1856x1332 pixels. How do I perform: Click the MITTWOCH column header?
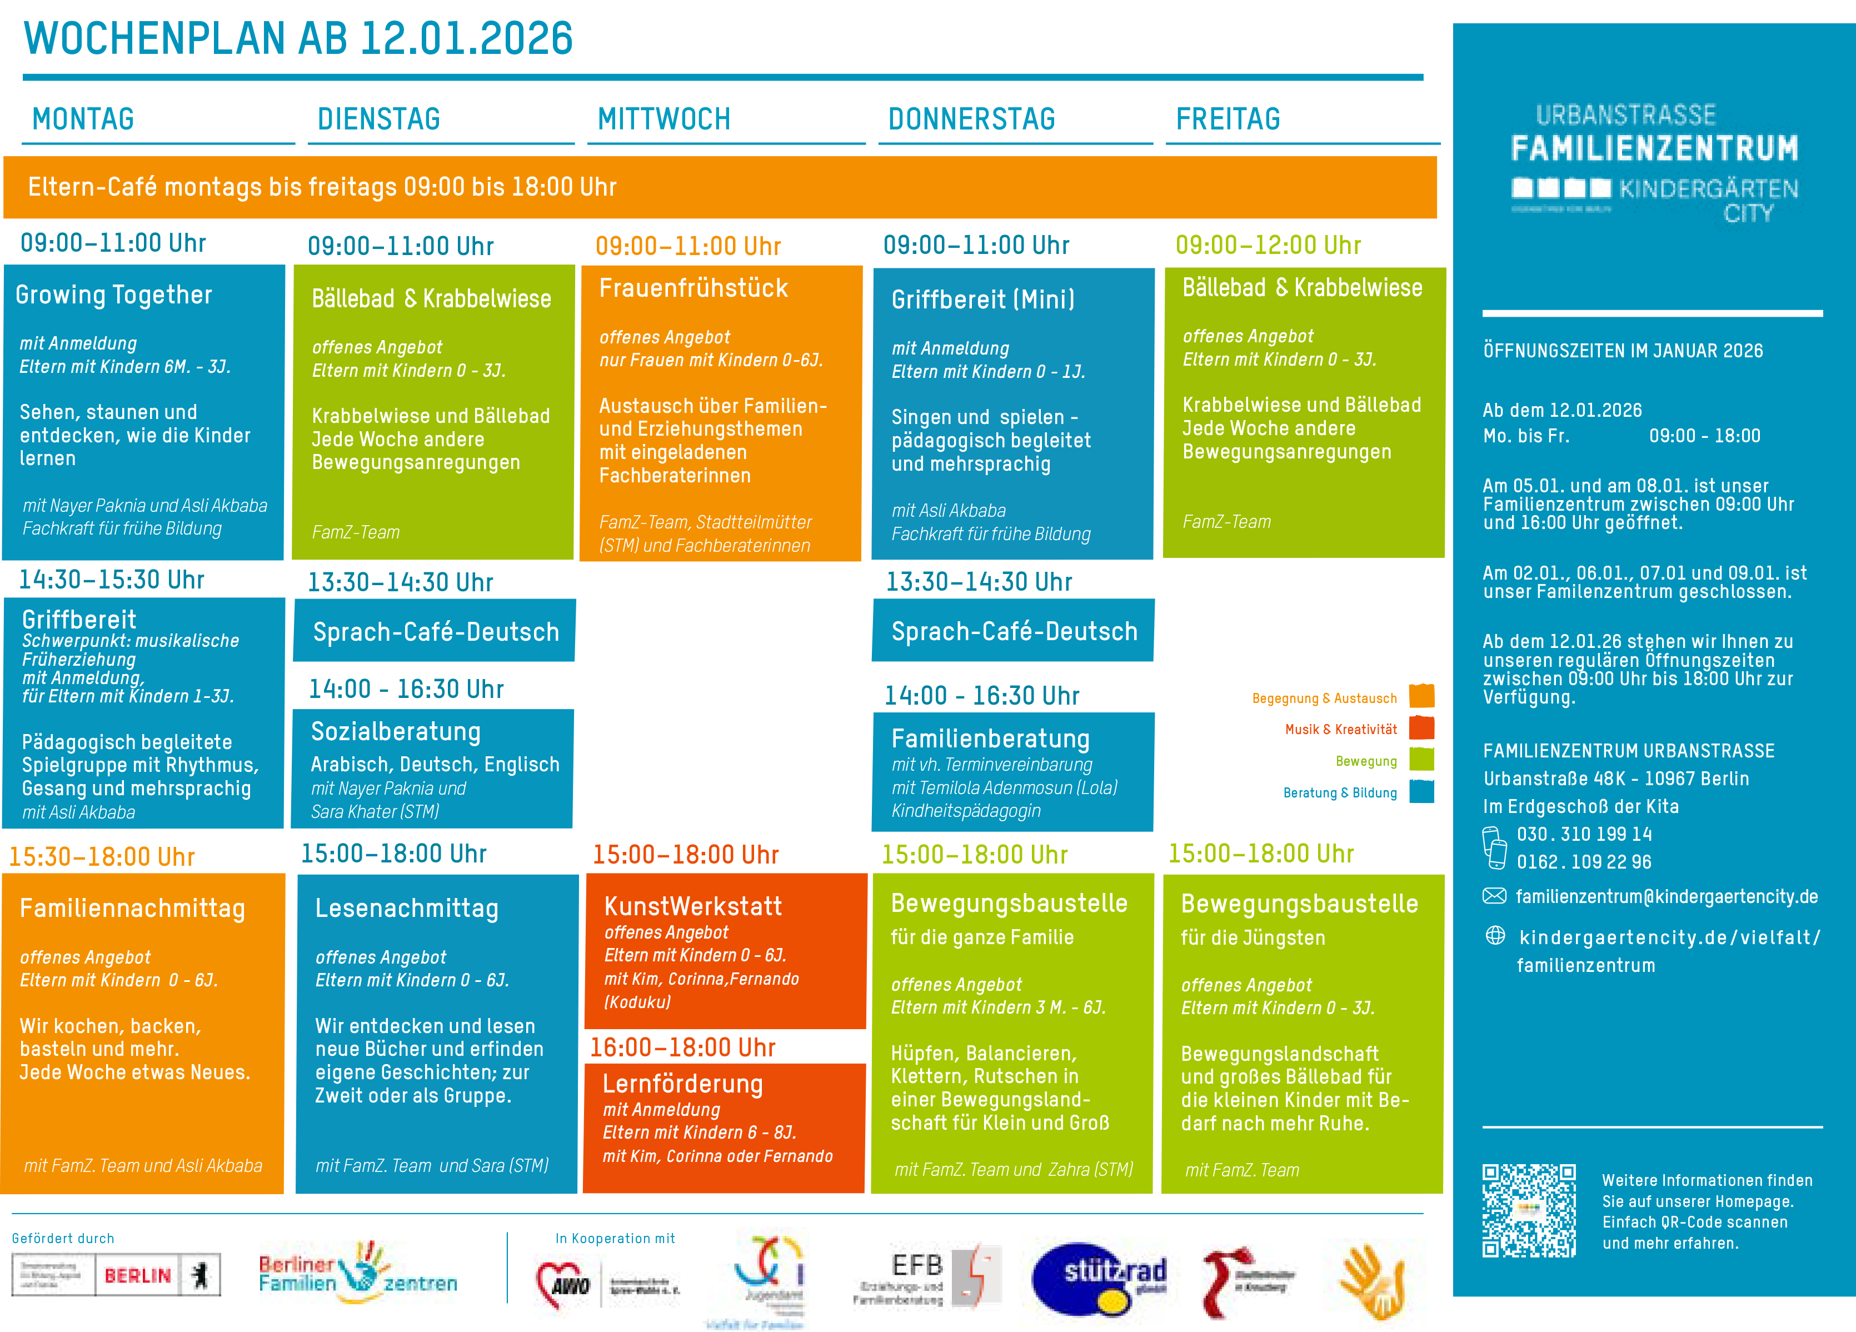[x=663, y=119]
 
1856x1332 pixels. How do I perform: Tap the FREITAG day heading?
[x=1228, y=119]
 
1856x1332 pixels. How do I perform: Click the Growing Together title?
[x=114, y=295]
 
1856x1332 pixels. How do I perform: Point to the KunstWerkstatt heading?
[x=692, y=906]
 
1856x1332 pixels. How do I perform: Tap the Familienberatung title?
[x=990, y=739]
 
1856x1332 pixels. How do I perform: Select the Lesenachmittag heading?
[x=407, y=908]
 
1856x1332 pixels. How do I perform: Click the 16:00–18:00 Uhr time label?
[x=682, y=1047]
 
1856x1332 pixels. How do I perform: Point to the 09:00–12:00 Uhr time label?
[x=1268, y=245]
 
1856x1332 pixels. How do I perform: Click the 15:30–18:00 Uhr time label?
[x=102, y=857]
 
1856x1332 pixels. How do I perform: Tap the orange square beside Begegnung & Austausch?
[x=1421, y=696]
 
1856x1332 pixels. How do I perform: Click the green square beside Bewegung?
[x=1421, y=759]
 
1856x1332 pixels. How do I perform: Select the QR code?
[x=1529, y=1211]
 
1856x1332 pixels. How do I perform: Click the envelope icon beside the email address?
[x=1494, y=896]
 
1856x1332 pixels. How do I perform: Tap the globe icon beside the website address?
[x=1495, y=935]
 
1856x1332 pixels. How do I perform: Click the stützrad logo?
[x=1099, y=1280]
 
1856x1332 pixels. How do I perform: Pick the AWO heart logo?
[x=564, y=1285]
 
